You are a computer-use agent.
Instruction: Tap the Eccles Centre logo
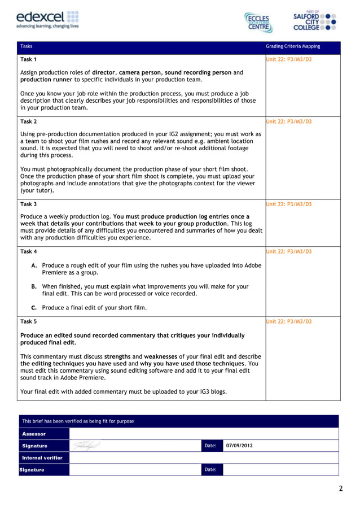click(x=258, y=22)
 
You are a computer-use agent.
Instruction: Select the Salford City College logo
click(x=315, y=20)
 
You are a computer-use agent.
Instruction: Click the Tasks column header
click(x=27, y=46)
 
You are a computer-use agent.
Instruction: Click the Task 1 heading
click(x=29, y=59)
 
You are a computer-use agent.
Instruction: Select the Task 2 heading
click(x=29, y=121)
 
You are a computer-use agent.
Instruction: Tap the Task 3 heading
click(x=29, y=204)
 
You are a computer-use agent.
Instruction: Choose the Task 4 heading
click(x=29, y=251)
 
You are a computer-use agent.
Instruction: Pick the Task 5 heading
click(x=29, y=321)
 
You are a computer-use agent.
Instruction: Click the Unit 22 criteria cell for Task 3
click(x=288, y=204)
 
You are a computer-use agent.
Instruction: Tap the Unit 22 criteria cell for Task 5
click(x=288, y=321)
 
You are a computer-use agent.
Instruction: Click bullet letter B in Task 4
click(x=34, y=286)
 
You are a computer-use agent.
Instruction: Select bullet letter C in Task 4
click(x=34, y=308)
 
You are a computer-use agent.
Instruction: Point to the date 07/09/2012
click(x=239, y=446)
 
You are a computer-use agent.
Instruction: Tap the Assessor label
click(x=34, y=434)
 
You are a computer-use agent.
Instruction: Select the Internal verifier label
click(x=42, y=457)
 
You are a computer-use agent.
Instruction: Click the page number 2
click(x=340, y=489)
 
